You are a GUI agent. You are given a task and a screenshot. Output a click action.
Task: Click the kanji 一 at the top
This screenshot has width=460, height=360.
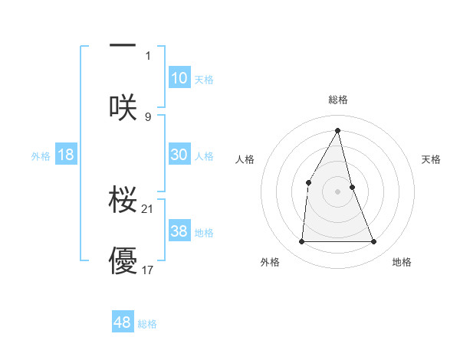click(x=123, y=47)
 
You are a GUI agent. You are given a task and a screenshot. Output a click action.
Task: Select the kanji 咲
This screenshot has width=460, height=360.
click(x=123, y=106)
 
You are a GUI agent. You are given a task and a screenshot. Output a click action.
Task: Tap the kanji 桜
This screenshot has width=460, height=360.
click(x=123, y=198)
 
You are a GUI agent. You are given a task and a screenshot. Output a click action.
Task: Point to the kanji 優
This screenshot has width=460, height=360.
click(x=123, y=260)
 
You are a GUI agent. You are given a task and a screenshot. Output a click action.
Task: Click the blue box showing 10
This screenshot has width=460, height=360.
click(x=179, y=78)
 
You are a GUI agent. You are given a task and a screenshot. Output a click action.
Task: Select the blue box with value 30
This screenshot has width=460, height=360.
click(x=179, y=155)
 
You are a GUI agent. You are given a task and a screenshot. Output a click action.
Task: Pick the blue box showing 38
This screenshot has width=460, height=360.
click(x=179, y=231)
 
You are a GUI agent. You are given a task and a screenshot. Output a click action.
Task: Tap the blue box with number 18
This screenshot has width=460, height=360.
click(x=66, y=155)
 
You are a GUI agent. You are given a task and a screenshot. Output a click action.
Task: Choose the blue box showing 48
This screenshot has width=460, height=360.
click(x=123, y=322)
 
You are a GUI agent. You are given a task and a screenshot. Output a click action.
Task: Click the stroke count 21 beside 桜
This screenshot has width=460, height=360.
click(x=148, y=208)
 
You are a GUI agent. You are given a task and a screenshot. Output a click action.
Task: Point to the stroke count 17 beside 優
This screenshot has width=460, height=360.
click(x=148, y=270)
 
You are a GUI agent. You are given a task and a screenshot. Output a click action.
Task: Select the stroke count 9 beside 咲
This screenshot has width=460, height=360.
click(x=148, y=116)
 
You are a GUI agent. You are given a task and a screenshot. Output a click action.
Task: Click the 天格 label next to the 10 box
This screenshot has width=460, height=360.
click(x=204, y=80)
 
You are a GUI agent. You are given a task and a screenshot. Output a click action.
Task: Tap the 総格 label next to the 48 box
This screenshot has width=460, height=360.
click(x=147, y=324)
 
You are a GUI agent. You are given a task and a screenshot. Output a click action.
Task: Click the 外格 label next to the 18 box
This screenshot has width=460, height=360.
click(x=41, y=156)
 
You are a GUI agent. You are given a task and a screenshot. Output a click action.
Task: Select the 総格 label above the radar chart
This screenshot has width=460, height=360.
click(x=338, y=100)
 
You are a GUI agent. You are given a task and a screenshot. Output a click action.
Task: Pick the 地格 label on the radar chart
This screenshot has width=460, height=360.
click(x=402, y=263)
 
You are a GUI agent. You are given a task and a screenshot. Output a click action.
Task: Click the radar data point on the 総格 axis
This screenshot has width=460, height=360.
click(x=338, y=130)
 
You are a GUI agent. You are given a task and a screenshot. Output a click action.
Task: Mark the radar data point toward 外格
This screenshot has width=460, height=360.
click(x=301, y=242)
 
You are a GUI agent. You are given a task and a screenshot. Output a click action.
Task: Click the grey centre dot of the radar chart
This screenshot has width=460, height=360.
click(x=338, y=191)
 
